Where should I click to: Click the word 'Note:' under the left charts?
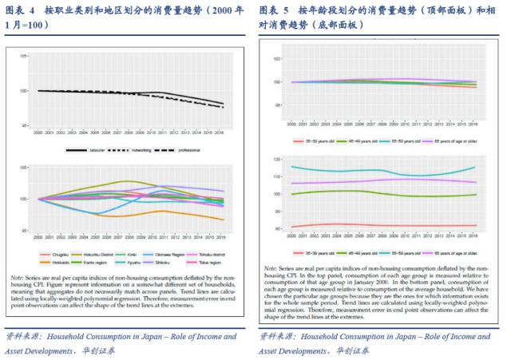(x=40, y=277)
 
